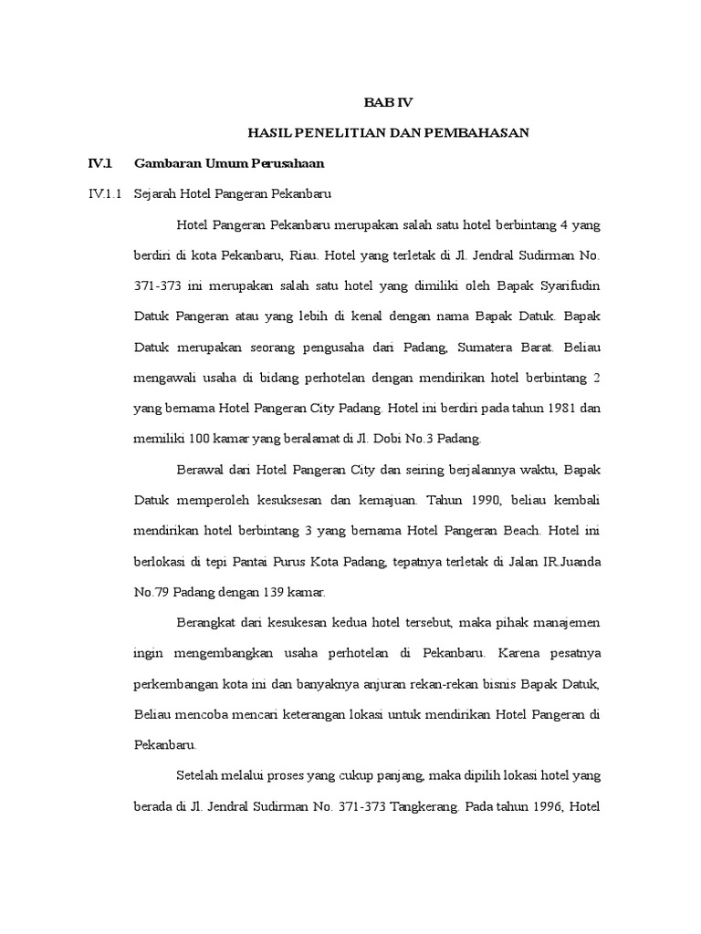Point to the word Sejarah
[x=155, y=194]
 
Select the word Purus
[x=305, y=561]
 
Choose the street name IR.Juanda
[x=569, y=561]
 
